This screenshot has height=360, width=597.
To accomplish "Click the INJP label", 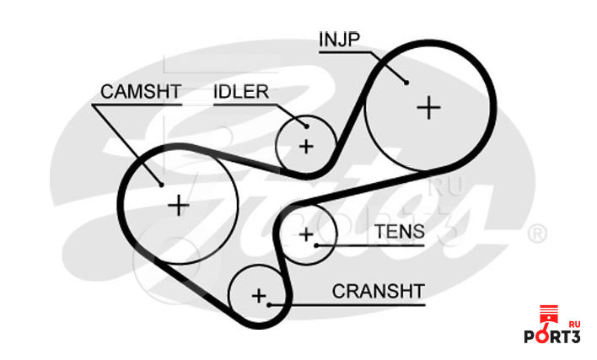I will click(341, 39).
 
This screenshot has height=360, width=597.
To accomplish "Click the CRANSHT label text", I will click(379, 291).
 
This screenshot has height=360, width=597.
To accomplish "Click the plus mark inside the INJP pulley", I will click(429, 107).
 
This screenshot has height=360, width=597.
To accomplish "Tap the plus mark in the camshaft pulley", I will click(179, 205).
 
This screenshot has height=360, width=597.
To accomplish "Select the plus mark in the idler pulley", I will click(305, 146).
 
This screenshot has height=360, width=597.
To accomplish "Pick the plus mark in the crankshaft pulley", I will click(258, 295).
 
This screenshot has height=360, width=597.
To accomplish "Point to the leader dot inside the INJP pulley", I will click(406, 82).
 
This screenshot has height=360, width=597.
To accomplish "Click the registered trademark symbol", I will click(536, 232).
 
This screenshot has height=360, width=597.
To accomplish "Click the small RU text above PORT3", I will click(574, 324).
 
